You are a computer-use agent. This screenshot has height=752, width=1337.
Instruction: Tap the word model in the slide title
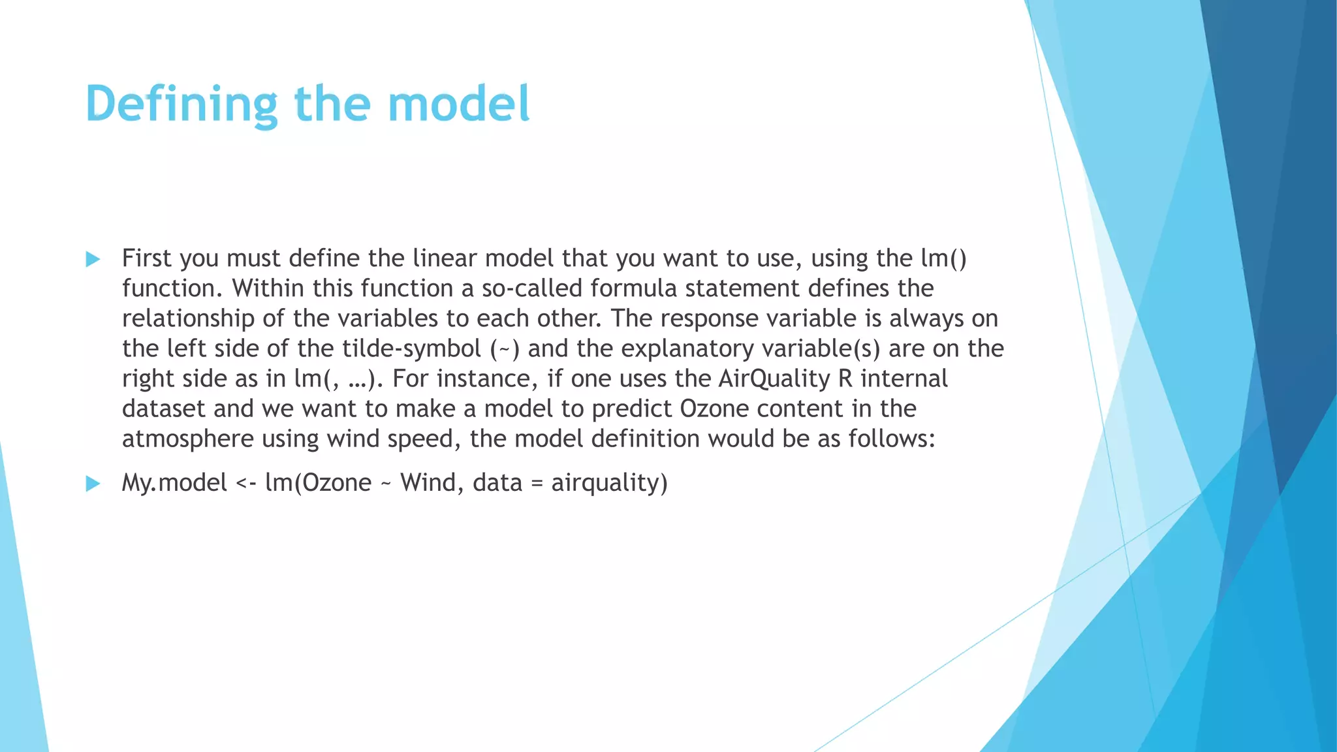coord(458,104)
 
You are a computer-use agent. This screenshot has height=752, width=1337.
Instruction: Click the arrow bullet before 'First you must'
coord(93,260)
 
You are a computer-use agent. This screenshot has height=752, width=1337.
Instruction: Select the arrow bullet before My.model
coord(93,484)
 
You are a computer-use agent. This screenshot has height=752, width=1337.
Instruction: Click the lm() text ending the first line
coord(943,258)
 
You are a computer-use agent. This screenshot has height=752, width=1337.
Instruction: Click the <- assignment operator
coord(246,484)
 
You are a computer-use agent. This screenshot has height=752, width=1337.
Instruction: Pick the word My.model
coord(174,484)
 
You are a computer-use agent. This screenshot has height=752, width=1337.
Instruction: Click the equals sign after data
coord(537,484)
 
